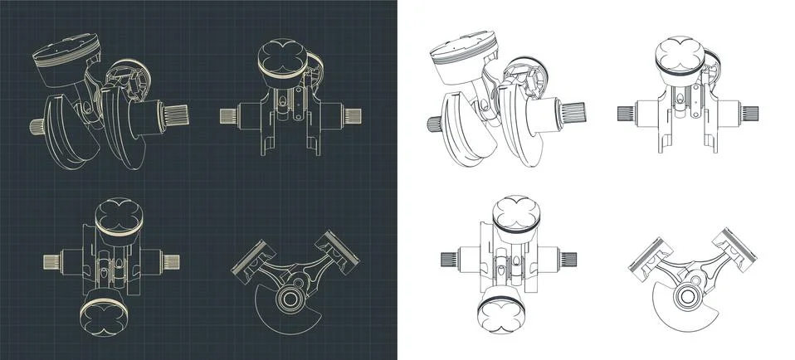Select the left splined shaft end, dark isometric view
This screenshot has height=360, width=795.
tap(38, 127)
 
